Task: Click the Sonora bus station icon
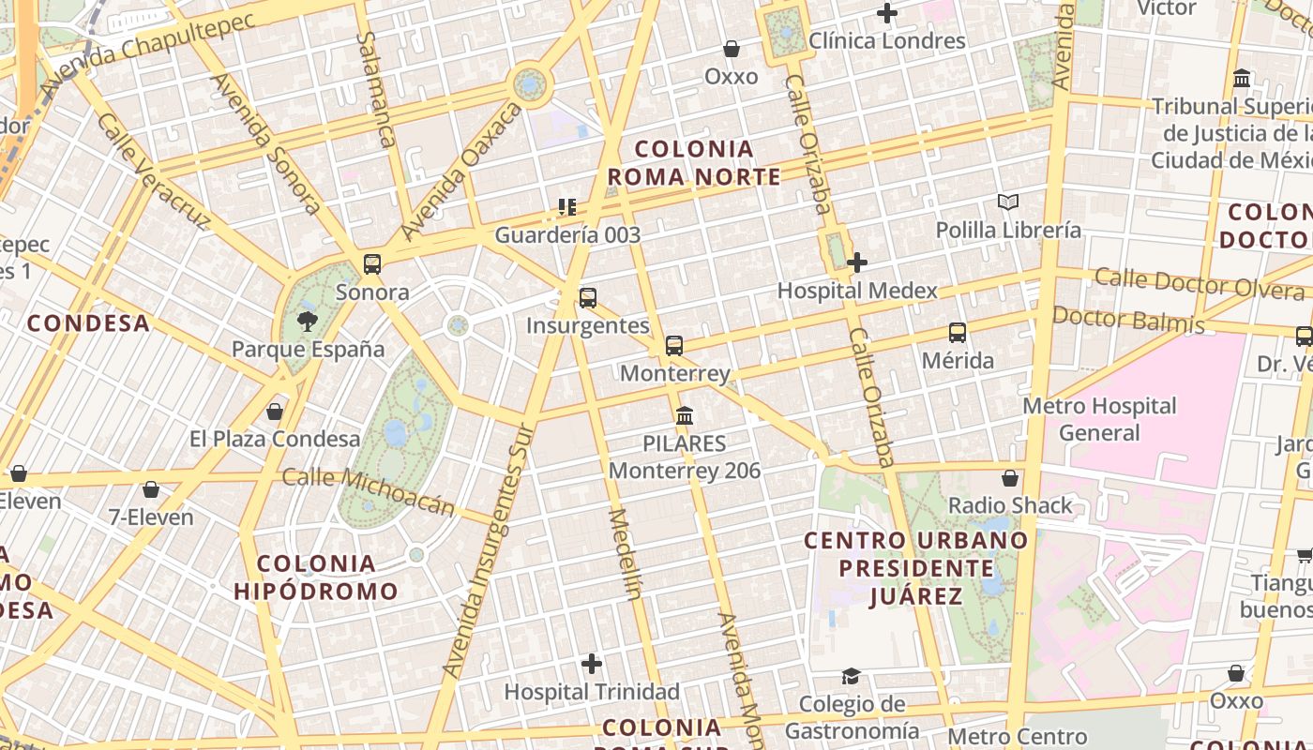372,264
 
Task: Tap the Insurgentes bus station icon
588,298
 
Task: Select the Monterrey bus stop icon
674,345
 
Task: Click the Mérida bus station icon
958,332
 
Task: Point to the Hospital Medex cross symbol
856,262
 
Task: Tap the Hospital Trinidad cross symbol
592,664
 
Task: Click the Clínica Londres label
886,40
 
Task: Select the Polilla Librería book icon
1008,202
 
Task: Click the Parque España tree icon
307,322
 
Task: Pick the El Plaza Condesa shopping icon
275,411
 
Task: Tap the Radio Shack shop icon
1010,478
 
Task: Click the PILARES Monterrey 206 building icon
685,415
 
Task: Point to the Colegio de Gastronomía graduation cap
851,676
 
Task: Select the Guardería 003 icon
566,206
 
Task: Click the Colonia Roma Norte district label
694,163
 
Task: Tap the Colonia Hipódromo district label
316,577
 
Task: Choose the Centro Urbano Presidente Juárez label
916,568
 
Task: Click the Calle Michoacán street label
369,491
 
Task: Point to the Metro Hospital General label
1099,419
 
